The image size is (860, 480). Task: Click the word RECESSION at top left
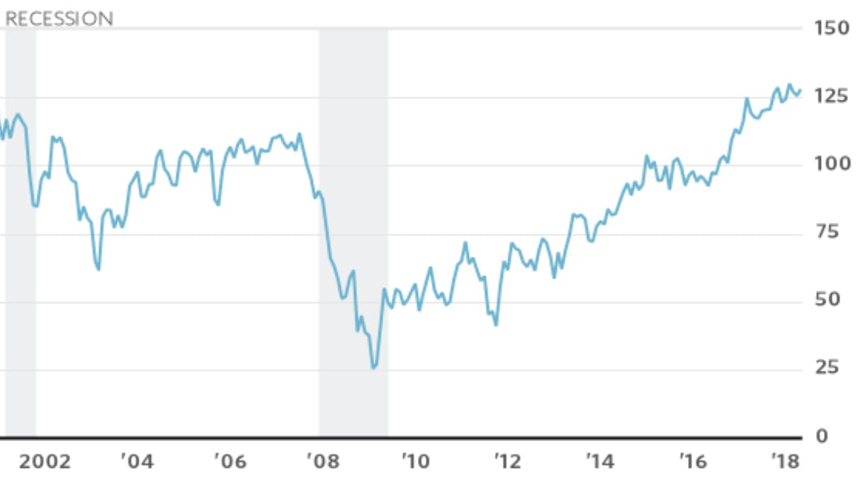coord(59,18)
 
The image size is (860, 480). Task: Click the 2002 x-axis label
coord(45,463)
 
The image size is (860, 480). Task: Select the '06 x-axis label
coord(229,463)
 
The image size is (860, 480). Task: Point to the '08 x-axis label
coord(322,463)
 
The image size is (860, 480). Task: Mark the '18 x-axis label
coord(784,463)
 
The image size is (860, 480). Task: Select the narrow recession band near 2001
coord(21,234)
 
